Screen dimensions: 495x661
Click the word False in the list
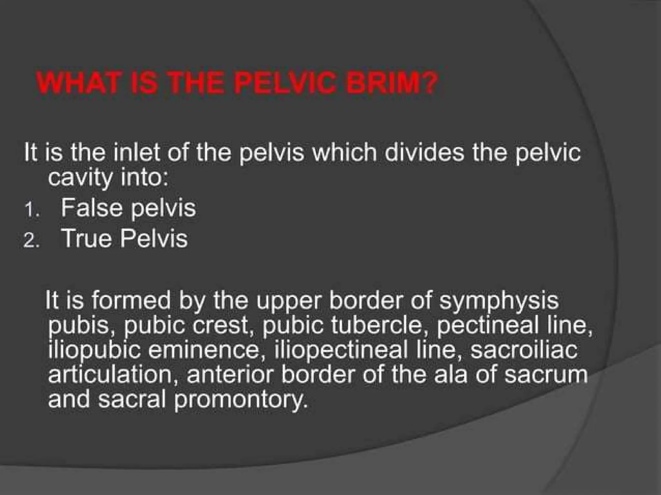(x=92, y=208)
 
